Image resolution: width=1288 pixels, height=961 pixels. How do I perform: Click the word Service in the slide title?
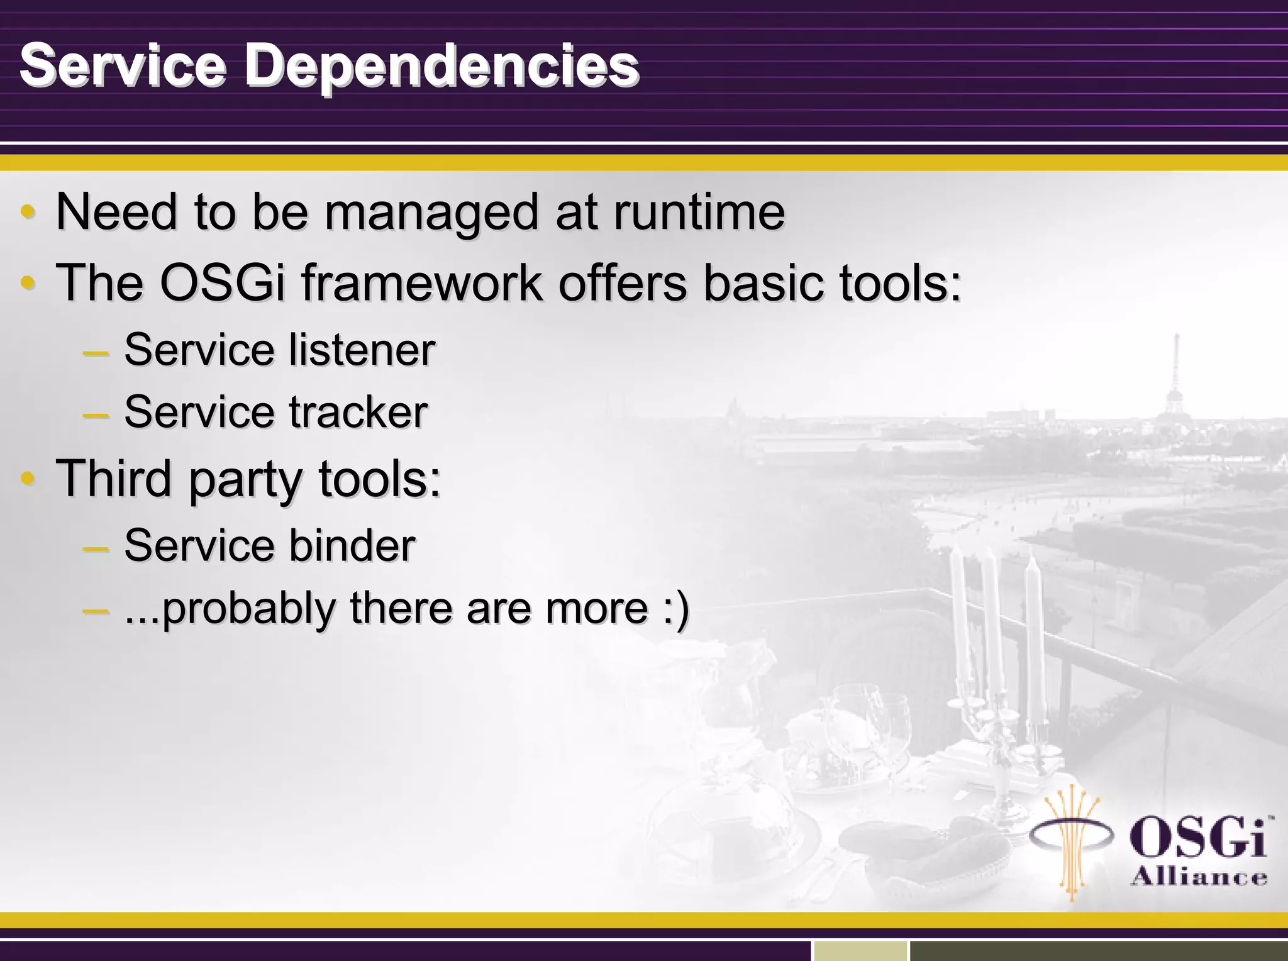123,65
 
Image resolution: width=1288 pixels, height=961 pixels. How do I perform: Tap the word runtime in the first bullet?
699,213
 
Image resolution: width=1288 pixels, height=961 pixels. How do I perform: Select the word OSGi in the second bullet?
223,283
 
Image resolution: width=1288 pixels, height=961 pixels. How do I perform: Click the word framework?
422,283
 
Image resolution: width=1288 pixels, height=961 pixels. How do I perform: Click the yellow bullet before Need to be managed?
27,212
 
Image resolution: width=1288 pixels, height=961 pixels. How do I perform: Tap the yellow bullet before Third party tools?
27,479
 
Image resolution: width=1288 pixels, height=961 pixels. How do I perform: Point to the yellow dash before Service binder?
96,548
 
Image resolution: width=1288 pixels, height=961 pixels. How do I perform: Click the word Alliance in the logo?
1199,877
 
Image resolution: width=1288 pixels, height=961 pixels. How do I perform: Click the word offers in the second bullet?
623,283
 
